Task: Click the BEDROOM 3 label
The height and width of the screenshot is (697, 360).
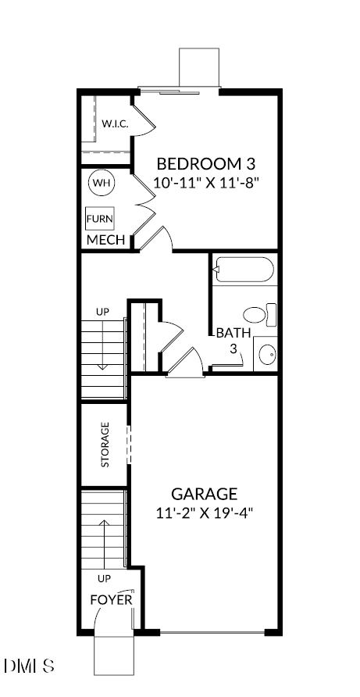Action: pos(206,164)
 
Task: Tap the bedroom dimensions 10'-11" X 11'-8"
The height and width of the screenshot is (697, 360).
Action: pos(206,183)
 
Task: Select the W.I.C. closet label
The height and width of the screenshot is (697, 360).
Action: pos(115,123)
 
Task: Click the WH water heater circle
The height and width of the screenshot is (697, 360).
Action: pos(101,183)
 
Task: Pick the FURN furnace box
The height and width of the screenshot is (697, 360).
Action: pos(99,218)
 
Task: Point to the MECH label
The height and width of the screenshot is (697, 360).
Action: pos(105,240)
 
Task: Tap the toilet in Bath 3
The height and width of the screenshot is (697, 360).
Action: pos(259,315)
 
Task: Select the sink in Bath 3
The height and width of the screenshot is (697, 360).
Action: pos(266,354)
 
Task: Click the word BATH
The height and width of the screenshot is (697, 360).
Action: pos(233,333)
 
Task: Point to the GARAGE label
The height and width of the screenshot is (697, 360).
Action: pos(204,494)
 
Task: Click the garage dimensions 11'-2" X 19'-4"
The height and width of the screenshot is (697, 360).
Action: pos(204,513)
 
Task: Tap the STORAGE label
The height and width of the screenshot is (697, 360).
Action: pos(105,445)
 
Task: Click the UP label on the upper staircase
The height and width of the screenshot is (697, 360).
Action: pos(102,312)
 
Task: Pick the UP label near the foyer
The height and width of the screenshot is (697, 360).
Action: pos(103,579)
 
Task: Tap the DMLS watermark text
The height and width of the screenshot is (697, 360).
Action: pos(29,667)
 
